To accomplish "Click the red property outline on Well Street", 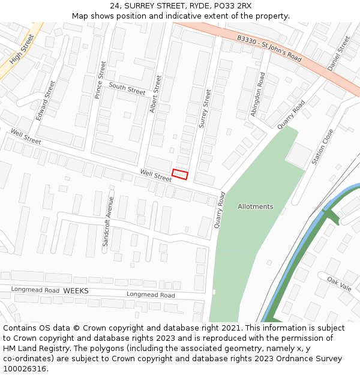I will click(x=180, y=174).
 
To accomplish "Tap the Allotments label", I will click(x=255, y=206).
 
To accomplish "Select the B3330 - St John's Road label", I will click(x=269, y=48).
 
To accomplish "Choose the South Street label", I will click(x=127, y=89).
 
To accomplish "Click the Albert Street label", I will click(x=156, y=94).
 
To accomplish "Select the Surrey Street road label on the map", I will click(x=205, y=108).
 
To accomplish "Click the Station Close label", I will click(x=322, y=147).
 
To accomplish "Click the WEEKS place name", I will click(x=76, y=291).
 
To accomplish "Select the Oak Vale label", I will click(x=339, y=283).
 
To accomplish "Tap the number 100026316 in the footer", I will click(x=25, y=368).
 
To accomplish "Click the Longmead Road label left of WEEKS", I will click(x=35, y=290).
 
